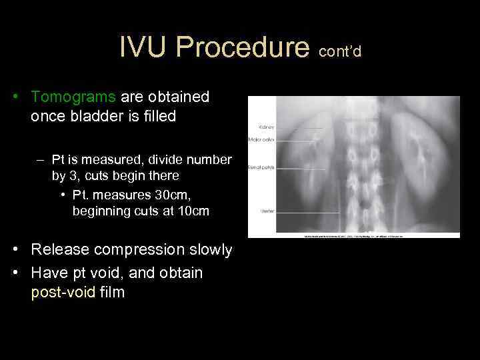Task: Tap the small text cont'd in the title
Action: tap(340, 51)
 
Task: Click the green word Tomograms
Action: tap(73, 97)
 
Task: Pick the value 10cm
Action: tap(193, 211)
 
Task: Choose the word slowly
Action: tap(207, 250)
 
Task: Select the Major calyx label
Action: tap(261, 139)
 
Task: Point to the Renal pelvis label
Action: tap(261, 167)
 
